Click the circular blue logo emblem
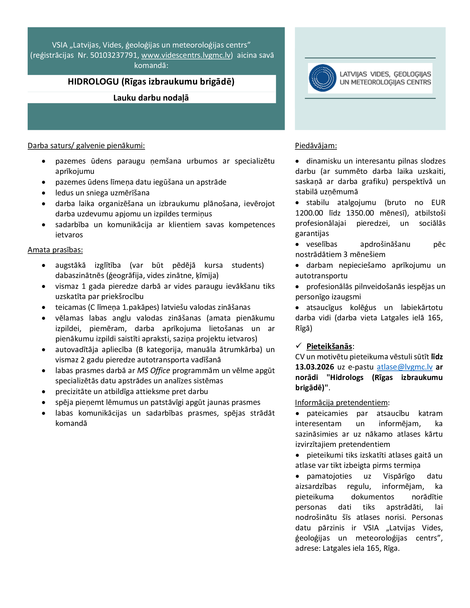click(322, 78)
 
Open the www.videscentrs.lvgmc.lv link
click(186, 55)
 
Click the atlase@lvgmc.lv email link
click(404, 367)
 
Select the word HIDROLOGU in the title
click(93, 82)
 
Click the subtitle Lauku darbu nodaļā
click(151, 98)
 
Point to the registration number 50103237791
click(114, 55)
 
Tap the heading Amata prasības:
click(55, 250)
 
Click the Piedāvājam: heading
click(316, 146)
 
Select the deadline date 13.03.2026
click(314, 367)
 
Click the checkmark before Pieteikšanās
click(299, 345)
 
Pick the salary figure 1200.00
click(309, 213)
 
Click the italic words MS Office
click(153, 371)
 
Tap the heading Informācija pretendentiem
click(341, 403)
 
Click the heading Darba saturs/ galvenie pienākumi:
click(86, 146)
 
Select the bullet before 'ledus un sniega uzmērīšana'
click(44, 193)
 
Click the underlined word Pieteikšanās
click(329, 346)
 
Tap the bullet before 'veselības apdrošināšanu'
click(297, 245)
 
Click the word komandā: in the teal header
click(151, 65)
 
